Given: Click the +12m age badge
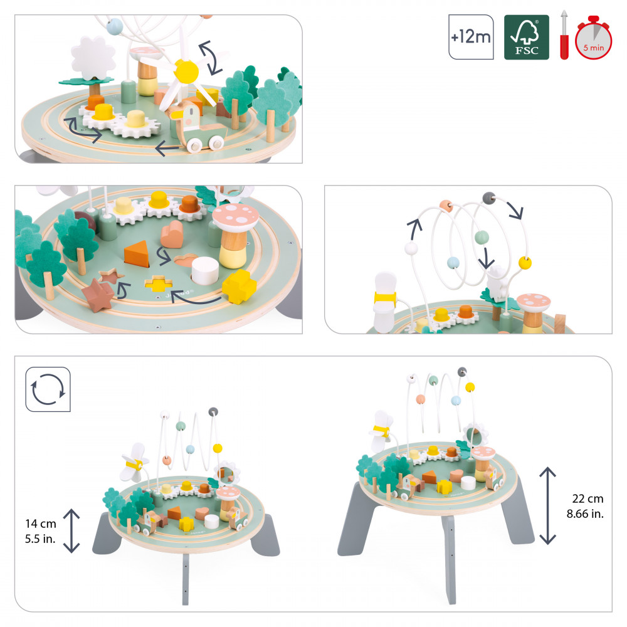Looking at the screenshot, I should tap(470, 37).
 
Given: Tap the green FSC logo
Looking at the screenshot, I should tap(526, 37).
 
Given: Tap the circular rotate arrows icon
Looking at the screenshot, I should tap(48, 390).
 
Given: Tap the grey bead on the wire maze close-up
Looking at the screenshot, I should tap(487, 198).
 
